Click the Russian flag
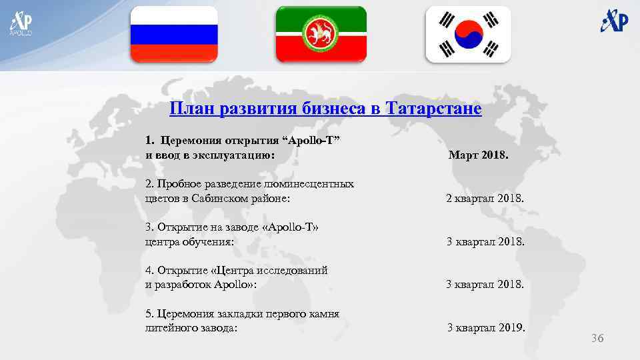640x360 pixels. (x=173, y=34)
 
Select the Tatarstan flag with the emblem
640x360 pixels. (x=321, y=34)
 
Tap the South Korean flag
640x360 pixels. (x=468, y=34)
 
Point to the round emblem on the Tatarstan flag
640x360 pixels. (x=321, y=34)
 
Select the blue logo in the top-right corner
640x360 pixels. (x=613, y=21)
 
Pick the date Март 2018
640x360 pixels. (x=478, y=155)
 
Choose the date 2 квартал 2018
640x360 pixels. (x=485, y=199)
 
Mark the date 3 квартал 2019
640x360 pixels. (x=486, y=327)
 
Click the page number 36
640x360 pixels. (x=597, y=339)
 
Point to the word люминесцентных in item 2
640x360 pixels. (x=313, y=183)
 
